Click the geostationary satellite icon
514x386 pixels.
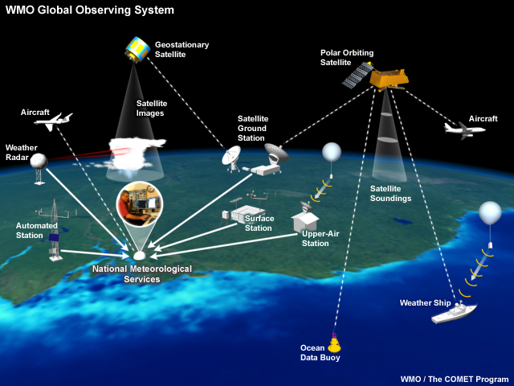137,50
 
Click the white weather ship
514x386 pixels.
453,312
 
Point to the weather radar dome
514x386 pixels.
39,161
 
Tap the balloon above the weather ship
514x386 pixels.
490,213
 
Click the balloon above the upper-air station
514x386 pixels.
332,151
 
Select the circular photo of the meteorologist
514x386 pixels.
140,208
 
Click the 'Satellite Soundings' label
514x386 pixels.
390,194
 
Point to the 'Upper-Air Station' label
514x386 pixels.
315,238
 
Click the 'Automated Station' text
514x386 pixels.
37,231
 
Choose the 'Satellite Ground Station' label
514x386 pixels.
252,128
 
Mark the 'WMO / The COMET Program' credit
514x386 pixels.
454,378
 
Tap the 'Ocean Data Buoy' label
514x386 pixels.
320,353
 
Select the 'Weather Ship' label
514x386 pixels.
426,303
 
